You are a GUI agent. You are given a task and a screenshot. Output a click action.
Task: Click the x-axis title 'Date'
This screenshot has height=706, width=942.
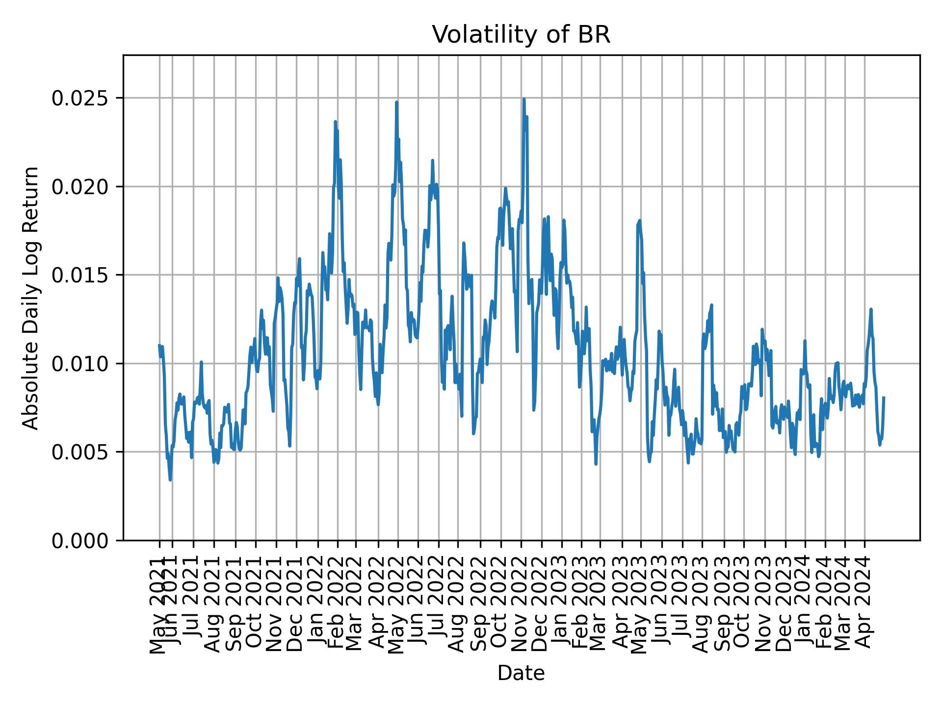click(521, 673)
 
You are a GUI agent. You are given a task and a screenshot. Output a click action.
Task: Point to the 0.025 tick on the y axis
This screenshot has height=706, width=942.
click(80, 98)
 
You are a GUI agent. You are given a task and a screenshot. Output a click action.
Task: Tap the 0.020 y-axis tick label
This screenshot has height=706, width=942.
click(80, 187)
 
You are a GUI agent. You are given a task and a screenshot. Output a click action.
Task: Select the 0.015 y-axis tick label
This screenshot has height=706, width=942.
click(80, 275)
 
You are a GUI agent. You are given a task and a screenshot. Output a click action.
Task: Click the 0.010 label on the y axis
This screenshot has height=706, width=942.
click(80, 364)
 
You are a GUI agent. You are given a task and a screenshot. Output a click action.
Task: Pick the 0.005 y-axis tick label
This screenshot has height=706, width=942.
click(80, 452)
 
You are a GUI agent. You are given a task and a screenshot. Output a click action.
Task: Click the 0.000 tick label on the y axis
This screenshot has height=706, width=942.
click(80, 540)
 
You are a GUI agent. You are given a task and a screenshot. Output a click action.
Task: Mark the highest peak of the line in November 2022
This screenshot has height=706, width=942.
click(524, 99)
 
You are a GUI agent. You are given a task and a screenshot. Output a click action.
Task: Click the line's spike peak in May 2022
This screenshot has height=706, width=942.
click(396, 102)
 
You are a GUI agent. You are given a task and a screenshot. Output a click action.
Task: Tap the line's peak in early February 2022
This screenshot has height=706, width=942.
click(336, 122)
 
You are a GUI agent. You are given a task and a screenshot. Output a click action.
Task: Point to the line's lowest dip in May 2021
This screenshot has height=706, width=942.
click(170, 479)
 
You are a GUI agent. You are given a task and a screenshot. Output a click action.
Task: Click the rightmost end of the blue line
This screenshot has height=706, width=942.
click(884, 397)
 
